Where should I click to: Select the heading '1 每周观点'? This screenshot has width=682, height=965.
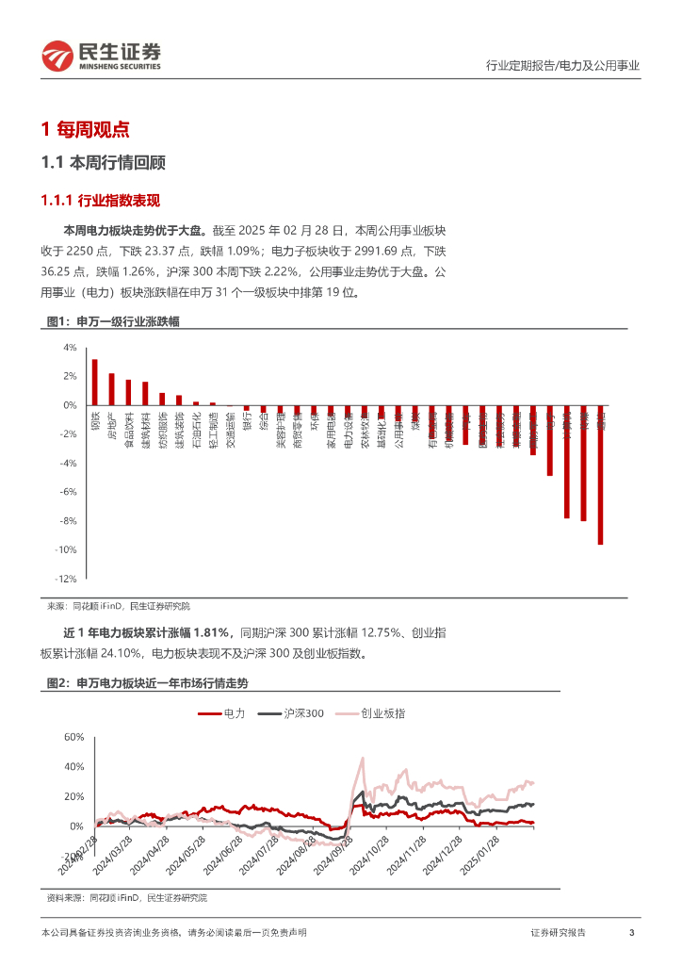(x=86, y=130)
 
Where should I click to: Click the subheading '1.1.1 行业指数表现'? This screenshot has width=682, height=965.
(x=101, y=201)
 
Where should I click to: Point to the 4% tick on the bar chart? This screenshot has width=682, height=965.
(x=70, y=348)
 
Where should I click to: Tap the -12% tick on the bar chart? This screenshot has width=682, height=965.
(x=66, y=579)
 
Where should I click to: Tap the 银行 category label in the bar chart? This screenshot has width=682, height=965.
(x=247, y=420)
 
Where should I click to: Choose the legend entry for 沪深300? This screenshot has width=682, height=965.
(x=292, y=714)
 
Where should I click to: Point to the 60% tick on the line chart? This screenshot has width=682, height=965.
(x=73, y=737)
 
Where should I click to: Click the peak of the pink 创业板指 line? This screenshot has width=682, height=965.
(x=363, y=758)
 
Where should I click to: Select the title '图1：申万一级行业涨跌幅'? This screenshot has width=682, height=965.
(x=113, y=322)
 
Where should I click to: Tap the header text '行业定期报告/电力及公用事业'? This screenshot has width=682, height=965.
(x=561, y=66)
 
